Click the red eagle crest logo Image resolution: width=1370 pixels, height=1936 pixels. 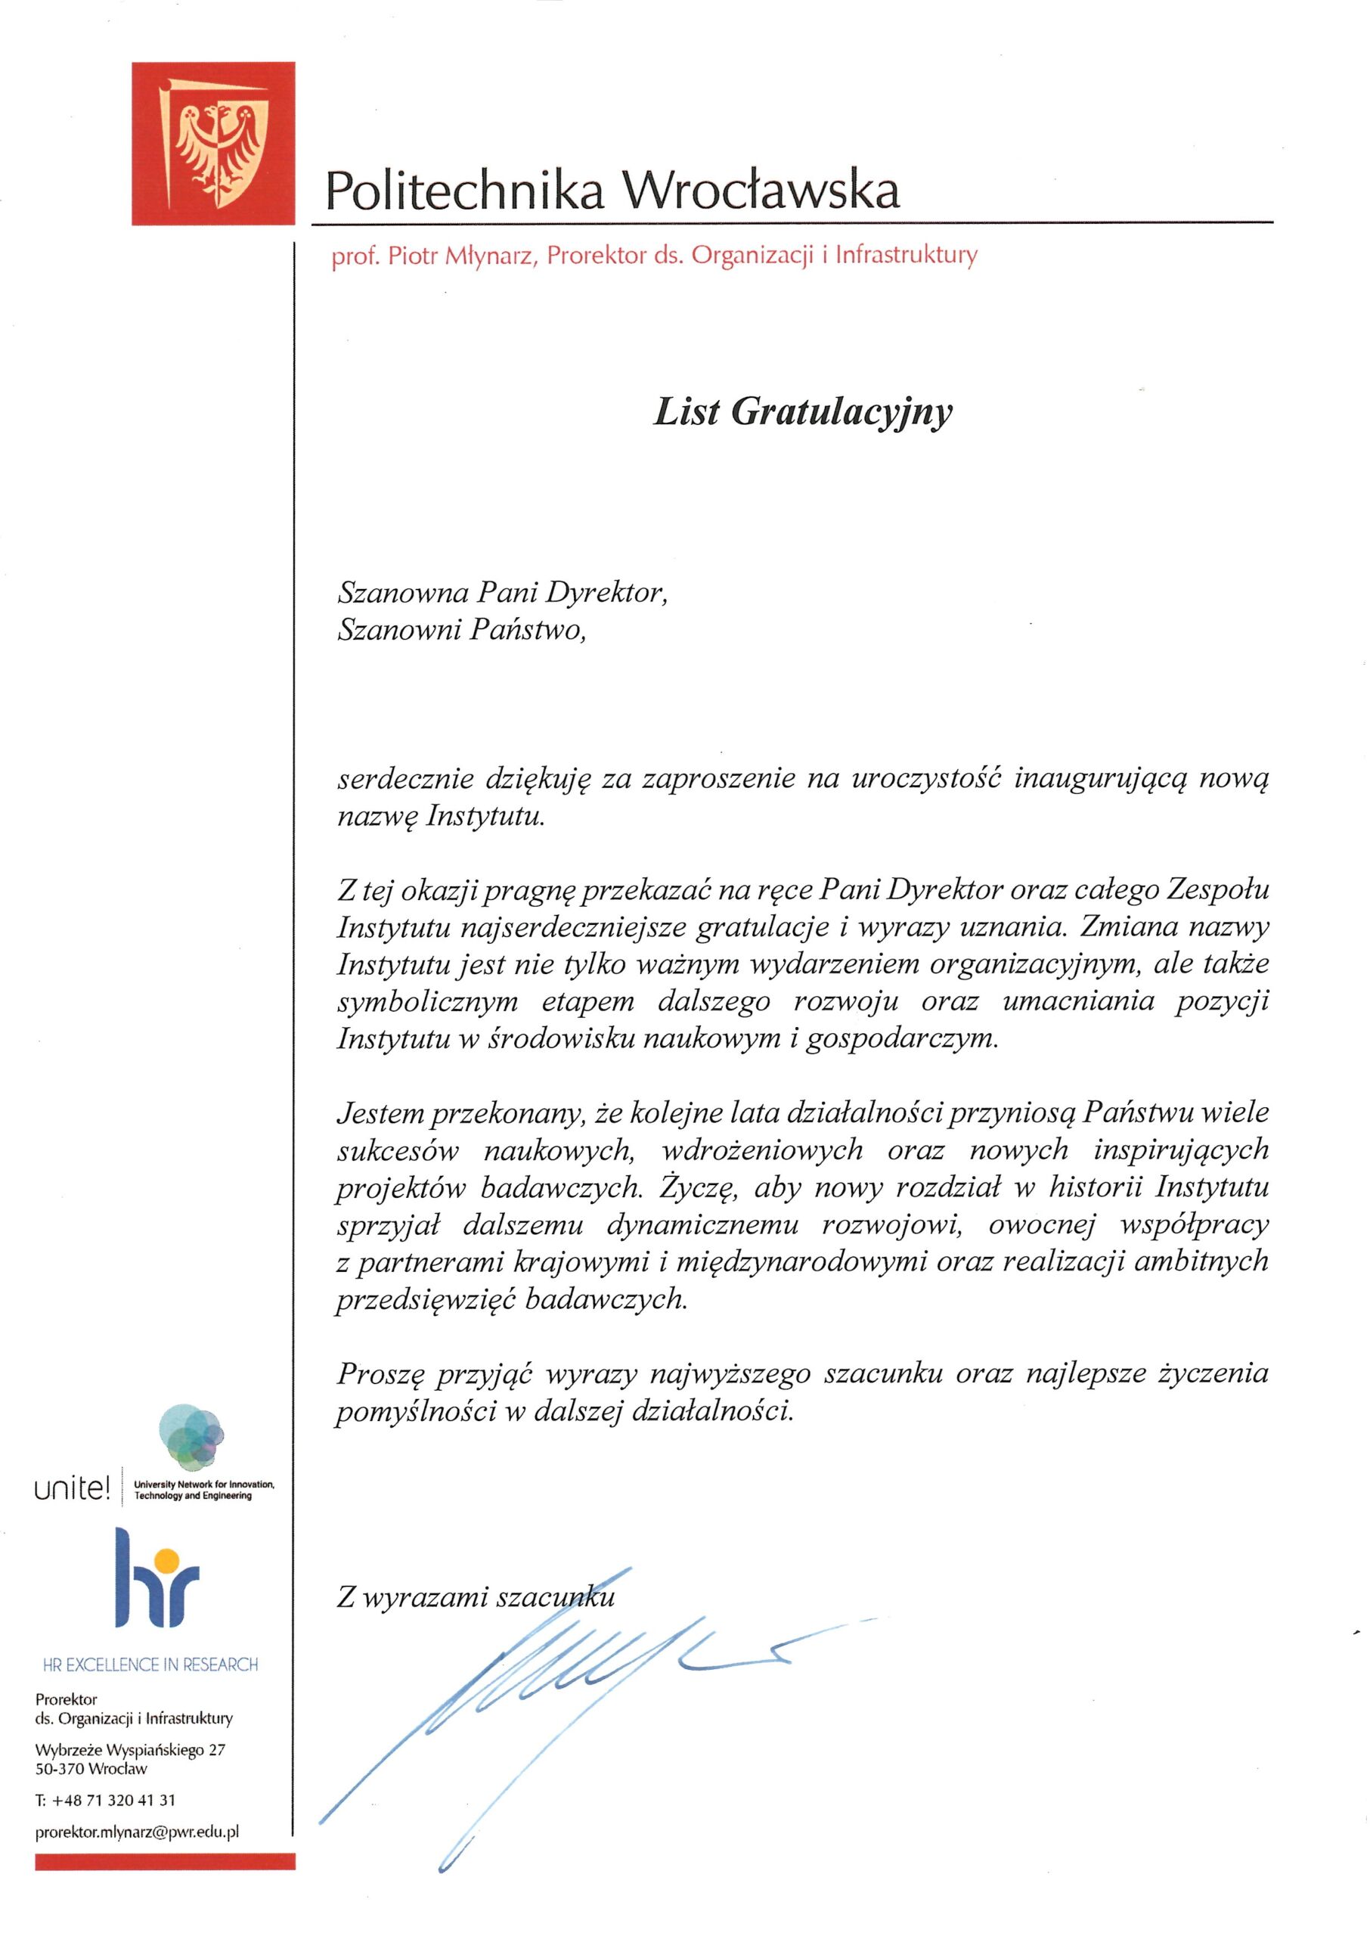click(212, 143)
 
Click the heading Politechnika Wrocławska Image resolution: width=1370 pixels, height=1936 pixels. click(612, 191)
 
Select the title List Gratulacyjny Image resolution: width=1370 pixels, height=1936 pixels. click(802, 411)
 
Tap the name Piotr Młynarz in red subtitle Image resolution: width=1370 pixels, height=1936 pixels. click(461, 256)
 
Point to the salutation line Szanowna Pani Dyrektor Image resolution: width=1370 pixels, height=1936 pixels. click(503, 593)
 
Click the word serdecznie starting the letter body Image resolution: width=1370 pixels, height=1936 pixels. click(404, 779)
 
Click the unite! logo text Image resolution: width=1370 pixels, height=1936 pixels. click(72, 1489)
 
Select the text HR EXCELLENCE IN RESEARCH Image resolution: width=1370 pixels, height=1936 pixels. click(150, 1665)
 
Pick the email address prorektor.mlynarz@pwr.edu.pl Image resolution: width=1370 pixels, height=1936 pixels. click(138, 1832)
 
